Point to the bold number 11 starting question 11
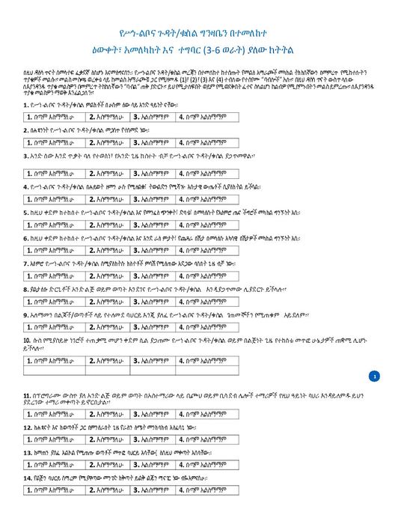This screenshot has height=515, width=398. (28, 394)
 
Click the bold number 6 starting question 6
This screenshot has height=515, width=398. (26, 238)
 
